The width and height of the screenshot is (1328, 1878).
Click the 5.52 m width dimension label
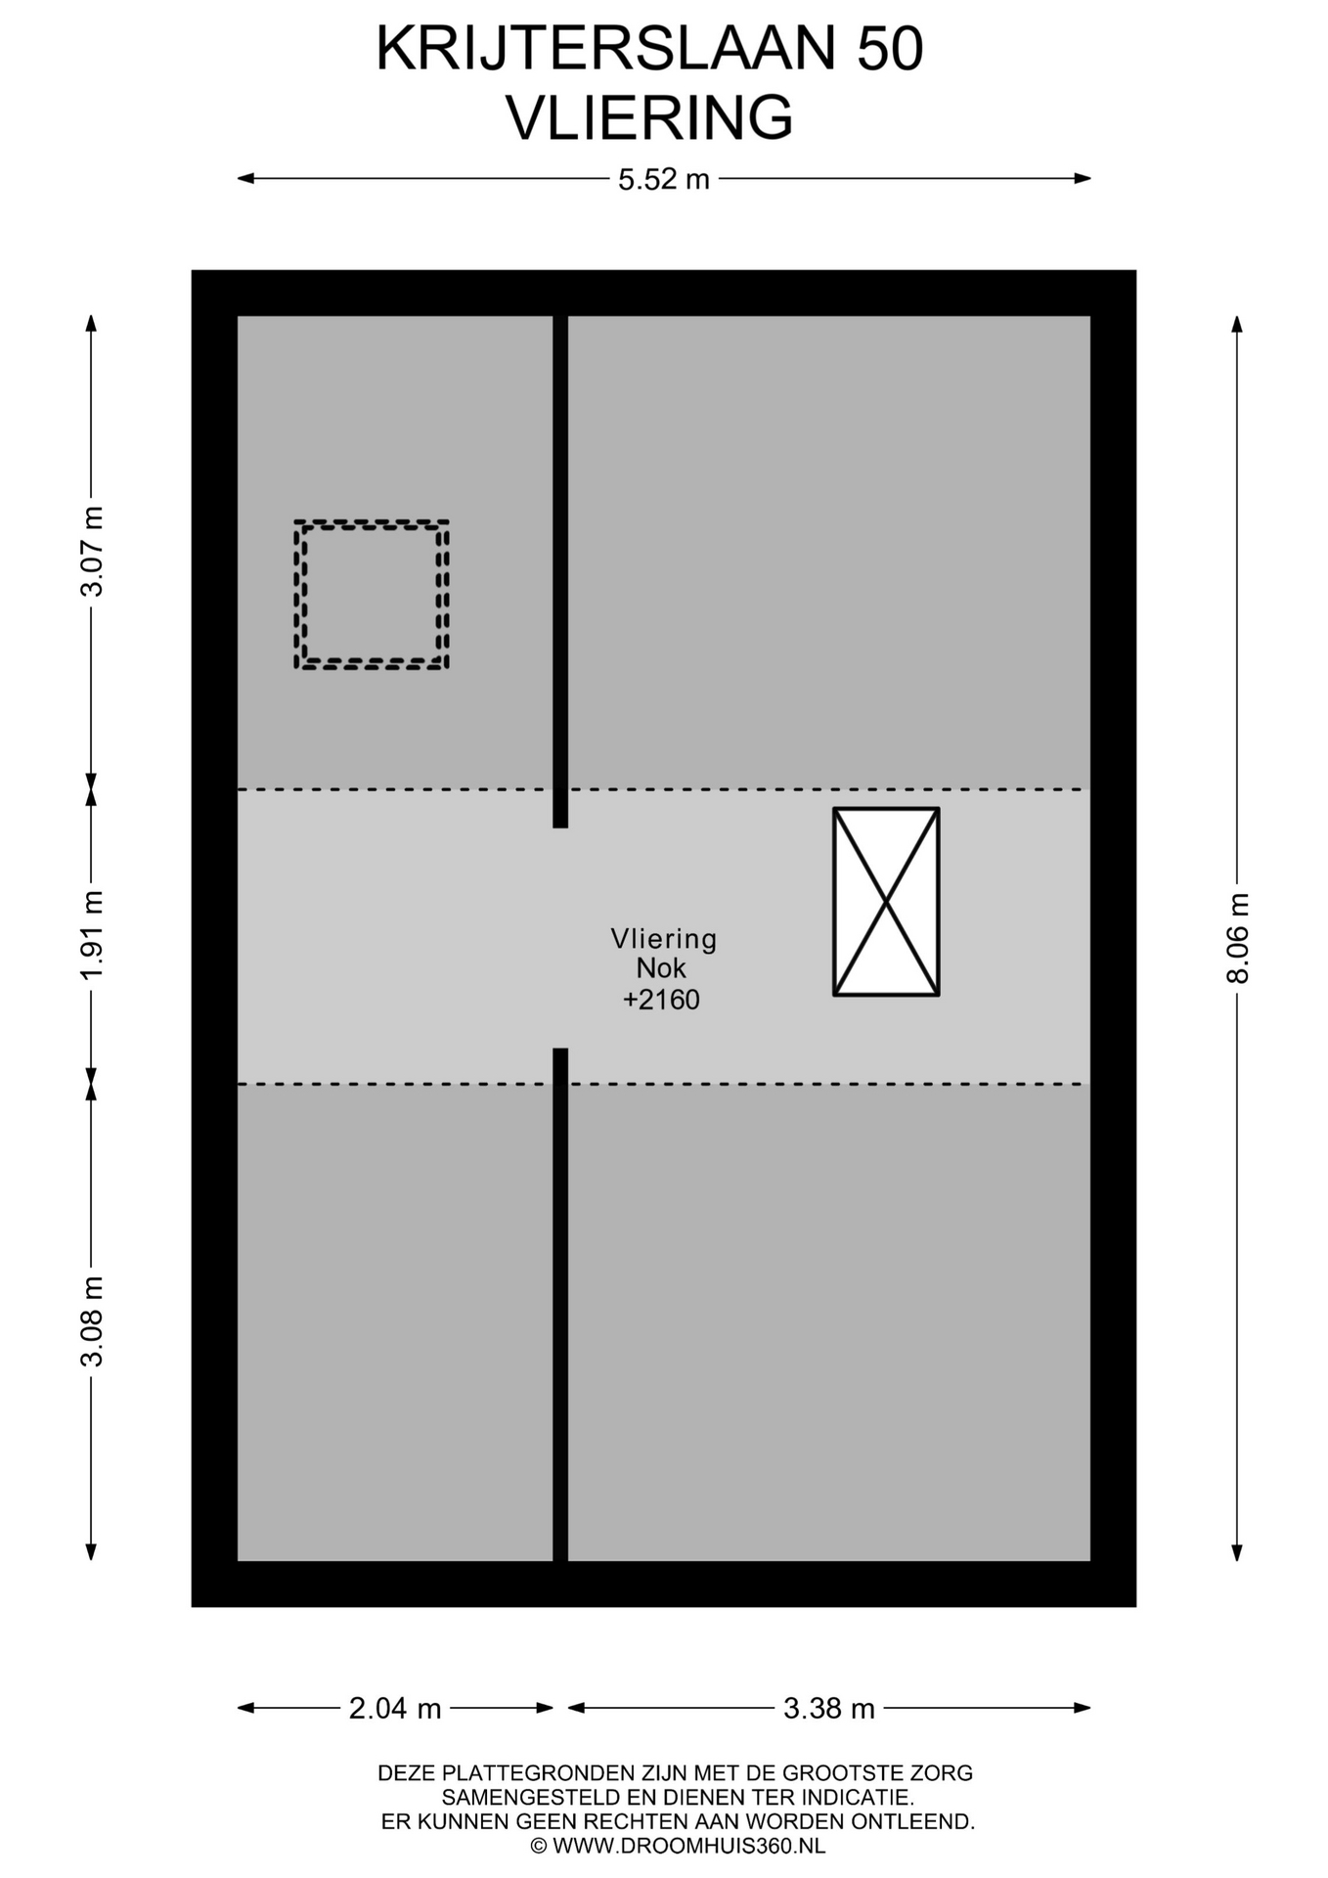coord(663,180)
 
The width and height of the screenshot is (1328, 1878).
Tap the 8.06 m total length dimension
coord(1238,938)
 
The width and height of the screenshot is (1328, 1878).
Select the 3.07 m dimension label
coord(92,552)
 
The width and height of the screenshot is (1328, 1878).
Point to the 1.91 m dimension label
coord(92,935)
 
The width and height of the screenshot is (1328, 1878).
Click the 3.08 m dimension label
coord(92,1320)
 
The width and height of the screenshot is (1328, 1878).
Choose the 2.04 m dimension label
coord(395,1708)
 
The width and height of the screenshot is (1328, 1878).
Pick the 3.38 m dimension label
coord(828,1708)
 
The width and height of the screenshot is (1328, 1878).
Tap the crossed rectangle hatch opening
coord(886,902)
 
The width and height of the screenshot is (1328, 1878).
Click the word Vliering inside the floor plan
coord(664,939)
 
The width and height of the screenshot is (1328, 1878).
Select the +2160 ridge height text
coord(662,1000)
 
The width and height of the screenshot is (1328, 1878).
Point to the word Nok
coord(661,968)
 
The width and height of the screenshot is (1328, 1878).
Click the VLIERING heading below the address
coord(649,118)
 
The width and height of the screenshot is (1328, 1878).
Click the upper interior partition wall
coord(560,571)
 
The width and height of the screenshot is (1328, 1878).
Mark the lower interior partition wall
coord(560,1305)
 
